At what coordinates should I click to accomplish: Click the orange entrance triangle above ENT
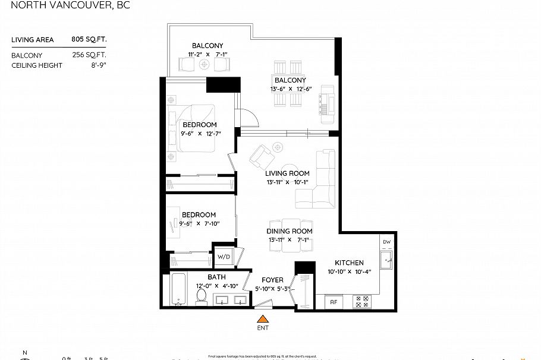[262, 320]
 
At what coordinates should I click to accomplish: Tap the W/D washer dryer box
[224, 257]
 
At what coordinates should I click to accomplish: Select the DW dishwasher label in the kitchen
[387, 242]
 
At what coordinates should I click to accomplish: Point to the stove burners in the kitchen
[361, 301]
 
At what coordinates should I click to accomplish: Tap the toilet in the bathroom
[202, 296]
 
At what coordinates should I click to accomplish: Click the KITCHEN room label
[349, 263]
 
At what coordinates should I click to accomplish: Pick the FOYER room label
[272, 280]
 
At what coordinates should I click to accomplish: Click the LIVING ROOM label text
[287, 173]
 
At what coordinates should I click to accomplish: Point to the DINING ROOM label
[290, 231]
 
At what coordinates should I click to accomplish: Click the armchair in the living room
[261, 157]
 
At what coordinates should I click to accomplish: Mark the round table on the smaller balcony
[205, 65]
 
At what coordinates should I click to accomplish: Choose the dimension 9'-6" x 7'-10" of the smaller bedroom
[200, 224]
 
